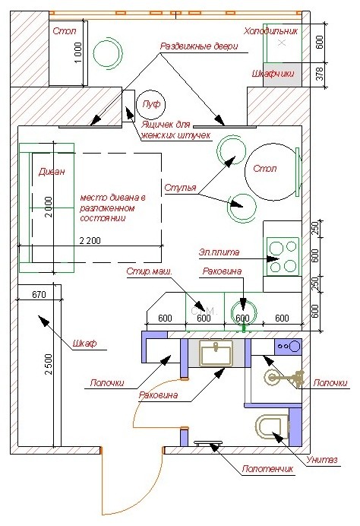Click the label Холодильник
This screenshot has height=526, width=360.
270,31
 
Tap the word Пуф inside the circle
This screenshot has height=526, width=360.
151,104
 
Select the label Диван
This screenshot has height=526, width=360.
52,172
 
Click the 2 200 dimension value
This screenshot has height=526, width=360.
90,240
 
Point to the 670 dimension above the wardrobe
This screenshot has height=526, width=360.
39,294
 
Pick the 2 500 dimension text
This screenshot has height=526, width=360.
49,364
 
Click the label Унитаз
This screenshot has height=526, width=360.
322,460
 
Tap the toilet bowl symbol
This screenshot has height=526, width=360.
273,426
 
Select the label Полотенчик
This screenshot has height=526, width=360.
267,469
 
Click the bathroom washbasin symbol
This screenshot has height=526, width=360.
216,353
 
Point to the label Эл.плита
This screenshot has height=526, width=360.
219,252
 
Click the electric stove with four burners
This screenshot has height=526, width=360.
283,256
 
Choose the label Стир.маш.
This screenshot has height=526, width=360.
149,271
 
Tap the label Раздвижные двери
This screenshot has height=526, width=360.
199,46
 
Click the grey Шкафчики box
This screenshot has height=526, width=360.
283,74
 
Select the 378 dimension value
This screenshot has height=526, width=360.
320,74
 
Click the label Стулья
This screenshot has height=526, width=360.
180,188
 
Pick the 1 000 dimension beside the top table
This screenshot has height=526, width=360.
77,52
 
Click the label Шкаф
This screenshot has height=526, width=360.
84,343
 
